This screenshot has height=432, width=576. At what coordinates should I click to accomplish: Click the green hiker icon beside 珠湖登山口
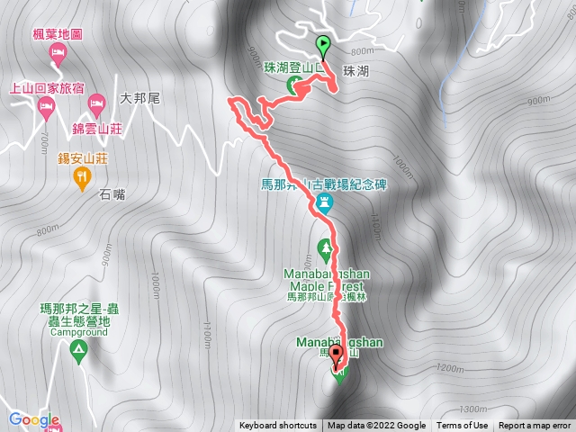[x=293, y=85]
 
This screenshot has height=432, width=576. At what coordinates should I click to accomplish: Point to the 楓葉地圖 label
[x=58, y=34]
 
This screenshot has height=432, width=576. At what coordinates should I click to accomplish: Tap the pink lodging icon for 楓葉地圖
[x=57, y=53]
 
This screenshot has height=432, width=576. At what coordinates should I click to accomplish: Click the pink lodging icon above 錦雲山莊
[x=95, y=108]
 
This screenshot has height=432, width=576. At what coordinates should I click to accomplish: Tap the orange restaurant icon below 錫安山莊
[x=83, y=178]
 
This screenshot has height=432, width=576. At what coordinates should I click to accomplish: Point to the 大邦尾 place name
[x=139, y=98]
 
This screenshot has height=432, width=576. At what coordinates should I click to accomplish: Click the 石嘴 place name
[x=112, y=192]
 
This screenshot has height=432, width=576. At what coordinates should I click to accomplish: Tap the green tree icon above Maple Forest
[x=325, y=246]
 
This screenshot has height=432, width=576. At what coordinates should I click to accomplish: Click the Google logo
[x=34, y=419]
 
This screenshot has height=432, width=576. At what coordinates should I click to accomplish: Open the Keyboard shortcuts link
[x=277, y=426]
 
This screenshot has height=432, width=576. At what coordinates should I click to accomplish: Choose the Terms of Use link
[x=463, y=426]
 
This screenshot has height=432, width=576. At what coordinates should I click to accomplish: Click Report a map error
[x=535, y=426]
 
